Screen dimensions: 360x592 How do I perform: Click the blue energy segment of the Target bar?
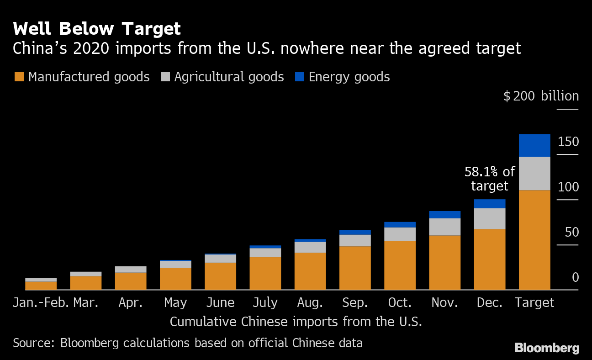534,145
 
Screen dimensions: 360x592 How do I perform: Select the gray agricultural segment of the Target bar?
534,173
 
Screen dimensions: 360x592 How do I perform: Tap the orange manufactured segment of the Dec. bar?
490,259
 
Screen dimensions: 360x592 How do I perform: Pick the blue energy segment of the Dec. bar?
490,204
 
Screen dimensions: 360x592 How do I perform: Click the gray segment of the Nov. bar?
445,227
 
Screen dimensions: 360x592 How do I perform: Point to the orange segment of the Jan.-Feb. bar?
41,286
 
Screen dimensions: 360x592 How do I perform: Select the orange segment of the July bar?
265,273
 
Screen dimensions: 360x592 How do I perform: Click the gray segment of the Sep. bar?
355,240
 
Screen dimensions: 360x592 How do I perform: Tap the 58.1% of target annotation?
489,179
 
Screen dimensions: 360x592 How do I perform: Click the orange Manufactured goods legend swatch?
19,77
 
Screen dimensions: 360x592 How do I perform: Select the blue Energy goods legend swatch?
300,77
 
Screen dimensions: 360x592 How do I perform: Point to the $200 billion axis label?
541,96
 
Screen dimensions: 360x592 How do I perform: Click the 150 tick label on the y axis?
568,142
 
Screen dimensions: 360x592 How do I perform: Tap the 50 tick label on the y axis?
571,232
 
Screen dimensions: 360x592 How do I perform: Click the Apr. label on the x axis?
131,302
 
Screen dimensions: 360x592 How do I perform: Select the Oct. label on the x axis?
400,302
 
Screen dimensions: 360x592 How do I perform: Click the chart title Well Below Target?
97,29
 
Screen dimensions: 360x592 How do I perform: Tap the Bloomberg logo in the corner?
547,348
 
